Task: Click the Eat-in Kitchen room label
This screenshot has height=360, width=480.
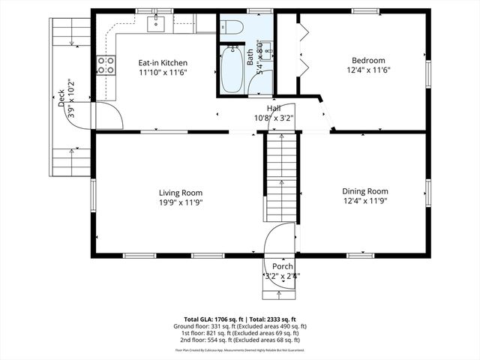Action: coord(162,63)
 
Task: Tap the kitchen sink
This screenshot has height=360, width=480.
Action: coord(156,25)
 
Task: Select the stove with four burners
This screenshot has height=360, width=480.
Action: coord(106,65)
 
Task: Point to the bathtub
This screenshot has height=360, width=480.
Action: coord(232,69)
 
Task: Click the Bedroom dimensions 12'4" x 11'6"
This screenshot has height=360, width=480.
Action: coord(369,70)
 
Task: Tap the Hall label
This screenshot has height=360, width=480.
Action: coord(284,108)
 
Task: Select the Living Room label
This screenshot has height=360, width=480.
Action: coord(180,192)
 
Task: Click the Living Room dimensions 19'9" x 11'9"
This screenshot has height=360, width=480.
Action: coord(180,202)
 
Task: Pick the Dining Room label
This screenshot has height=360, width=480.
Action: coord(365,191)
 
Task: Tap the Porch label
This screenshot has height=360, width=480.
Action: coord(283,267)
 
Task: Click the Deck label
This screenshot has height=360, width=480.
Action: coord(61,99)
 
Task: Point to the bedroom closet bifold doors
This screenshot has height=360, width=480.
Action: coord(303,50)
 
